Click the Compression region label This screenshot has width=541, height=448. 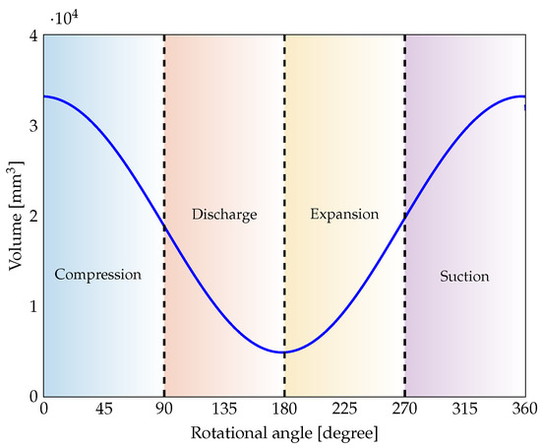coord(98,275)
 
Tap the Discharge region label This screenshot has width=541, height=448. coord(224,214)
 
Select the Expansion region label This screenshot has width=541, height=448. coord(344,214)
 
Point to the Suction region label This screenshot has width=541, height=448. coord(464,276)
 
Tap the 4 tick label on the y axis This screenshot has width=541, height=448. coord(33,36)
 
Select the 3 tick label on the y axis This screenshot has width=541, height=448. coord(33,127)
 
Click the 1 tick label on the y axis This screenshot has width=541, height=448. coord(33,306)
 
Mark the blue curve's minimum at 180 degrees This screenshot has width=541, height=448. coord(284,352)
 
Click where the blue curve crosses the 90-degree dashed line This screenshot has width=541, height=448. coord(164,228)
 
